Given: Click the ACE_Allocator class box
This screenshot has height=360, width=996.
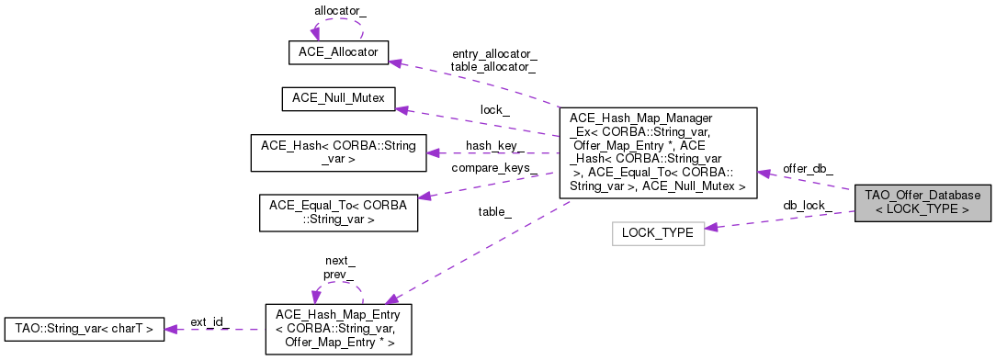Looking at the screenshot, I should (338, 52).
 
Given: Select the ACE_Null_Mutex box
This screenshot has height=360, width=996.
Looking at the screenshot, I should (338, 97).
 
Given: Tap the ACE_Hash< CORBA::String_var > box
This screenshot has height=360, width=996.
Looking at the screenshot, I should (338, 152).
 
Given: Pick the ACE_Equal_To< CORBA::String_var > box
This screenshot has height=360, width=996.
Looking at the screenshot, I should (338, 212).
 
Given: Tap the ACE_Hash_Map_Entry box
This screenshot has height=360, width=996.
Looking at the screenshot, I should (338, 328).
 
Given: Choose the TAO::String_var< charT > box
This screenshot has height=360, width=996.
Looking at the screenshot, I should (85, 327).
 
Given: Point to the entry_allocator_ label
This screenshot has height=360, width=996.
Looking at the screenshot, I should (494, 54).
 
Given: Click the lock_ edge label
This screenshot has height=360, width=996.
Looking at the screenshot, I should (494, 109).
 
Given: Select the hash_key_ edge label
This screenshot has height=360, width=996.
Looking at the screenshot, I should (494, 146).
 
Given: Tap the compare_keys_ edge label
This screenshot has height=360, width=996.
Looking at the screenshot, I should (494, 168).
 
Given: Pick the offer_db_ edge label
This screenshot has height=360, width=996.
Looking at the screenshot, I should (808, 168).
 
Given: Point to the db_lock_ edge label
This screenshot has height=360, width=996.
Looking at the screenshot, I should (807, 205).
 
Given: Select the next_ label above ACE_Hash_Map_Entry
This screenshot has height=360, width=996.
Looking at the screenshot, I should (339, 261).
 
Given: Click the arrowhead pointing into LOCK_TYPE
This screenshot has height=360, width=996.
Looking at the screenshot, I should (711, 227).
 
